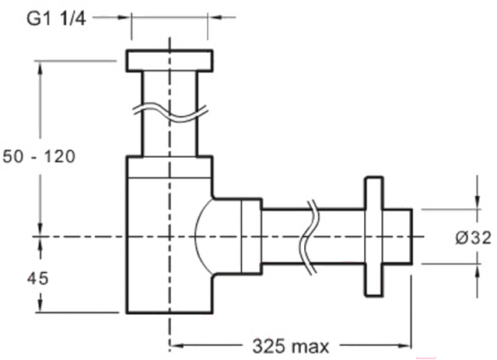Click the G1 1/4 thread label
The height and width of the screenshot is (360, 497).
point(57,19)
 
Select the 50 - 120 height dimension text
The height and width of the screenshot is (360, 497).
point(39,156)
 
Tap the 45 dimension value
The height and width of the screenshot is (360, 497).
point(37,278)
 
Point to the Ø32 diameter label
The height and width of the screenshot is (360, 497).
point(474,238)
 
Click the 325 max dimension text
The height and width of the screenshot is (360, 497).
point(291,346)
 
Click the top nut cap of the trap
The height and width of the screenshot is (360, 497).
point(170,61)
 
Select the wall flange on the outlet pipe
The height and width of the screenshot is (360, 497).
point(374,236)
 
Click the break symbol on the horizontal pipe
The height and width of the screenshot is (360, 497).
point(309,236)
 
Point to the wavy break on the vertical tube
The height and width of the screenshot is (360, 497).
point(170,113)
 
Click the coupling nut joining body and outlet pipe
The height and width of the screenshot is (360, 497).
point(252,236)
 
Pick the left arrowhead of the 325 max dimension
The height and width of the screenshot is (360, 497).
point(177,345)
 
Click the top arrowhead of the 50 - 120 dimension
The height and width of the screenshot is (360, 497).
point(40,68)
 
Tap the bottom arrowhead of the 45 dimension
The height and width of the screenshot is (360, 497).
point(40,306)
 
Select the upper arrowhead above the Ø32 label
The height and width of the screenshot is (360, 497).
point(478,202)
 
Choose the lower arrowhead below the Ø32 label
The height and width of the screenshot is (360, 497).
point(478,271)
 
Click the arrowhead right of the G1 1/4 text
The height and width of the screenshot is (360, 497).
point(123,17)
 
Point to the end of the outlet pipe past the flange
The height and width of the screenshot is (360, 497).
point(397,236)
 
